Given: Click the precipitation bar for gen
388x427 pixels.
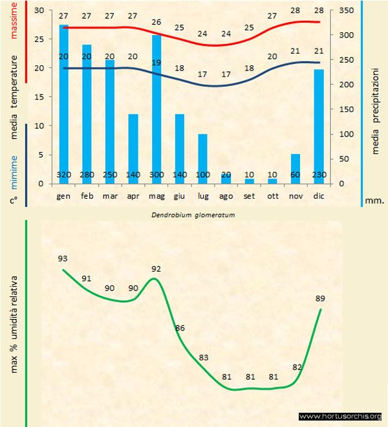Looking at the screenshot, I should pos(64,104).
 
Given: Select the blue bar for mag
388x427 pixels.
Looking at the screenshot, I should pos(156,110).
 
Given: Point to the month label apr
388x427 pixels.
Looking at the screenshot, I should pos(133,195).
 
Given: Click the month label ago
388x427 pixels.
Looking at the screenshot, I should pos(226,195).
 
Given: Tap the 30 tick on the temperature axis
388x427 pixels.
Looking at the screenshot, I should pos(38,11).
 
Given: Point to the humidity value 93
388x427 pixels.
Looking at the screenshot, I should pos(63,258).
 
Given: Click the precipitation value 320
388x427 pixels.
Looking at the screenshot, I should pos(63,175).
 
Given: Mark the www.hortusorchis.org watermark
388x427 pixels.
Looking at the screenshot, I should pos(341,416).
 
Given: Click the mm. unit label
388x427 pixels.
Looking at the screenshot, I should pos(375,201).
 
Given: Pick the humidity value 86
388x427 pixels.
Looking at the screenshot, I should pos(180,328).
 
